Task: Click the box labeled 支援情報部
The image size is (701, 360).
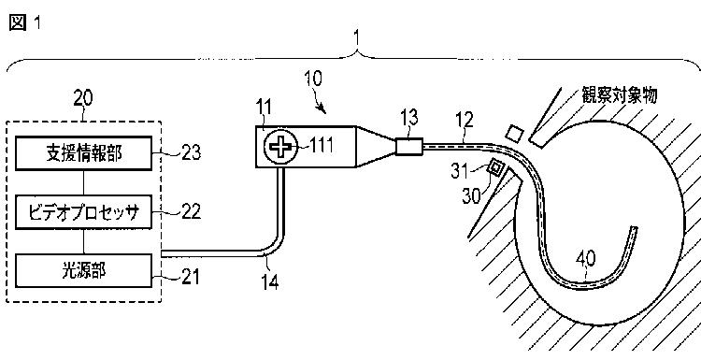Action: click(x=83, y=153)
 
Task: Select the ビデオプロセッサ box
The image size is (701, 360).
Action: click(x=83, y=212)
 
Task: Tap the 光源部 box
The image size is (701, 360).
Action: click(x=83, y=270)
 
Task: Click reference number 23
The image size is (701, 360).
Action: click(x=191, y=153)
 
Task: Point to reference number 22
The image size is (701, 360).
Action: click(x=191, y=211)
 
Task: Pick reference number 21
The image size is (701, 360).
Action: click(x=190, y=278)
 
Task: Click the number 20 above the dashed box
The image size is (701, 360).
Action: click(x=83, y=98)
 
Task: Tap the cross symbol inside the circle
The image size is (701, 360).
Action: click(x=280, y=147)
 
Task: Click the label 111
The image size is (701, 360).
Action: click(x=321, y=146)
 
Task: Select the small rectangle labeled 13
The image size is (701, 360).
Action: click(x=409, y=147)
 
